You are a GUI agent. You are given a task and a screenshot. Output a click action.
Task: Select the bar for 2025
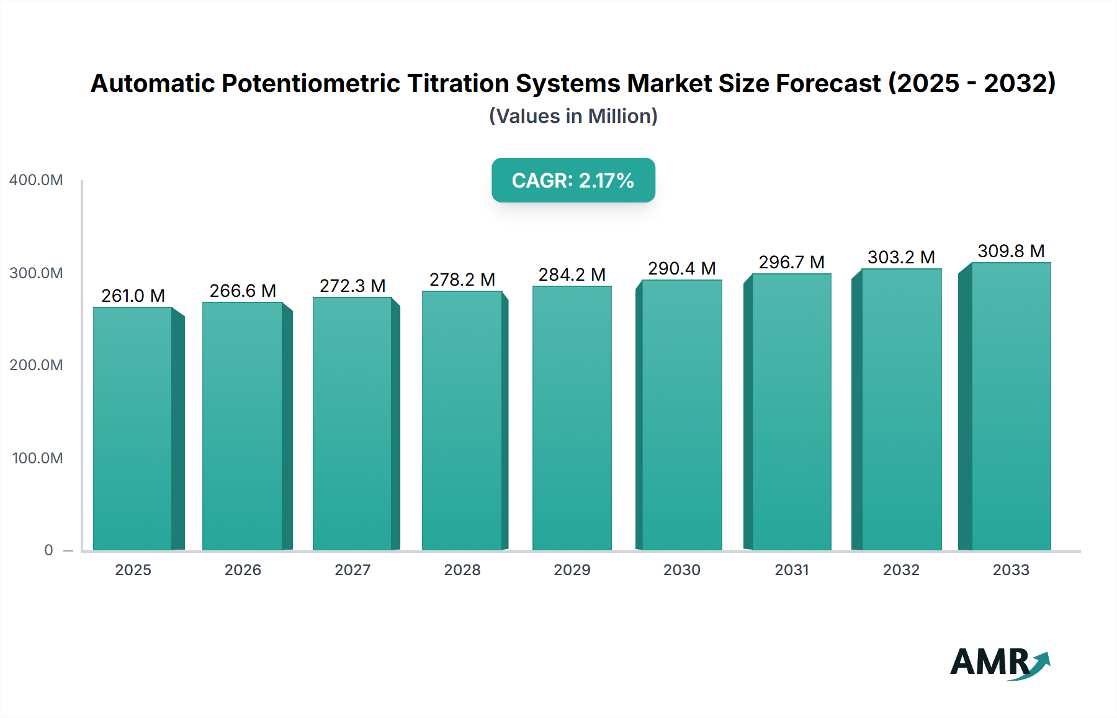coord(133,429)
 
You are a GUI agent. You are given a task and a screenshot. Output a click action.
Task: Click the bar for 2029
coord(572,418)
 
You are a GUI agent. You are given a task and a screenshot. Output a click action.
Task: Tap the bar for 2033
coord(1011,406)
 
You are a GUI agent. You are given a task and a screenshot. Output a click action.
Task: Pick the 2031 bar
coord(791,412)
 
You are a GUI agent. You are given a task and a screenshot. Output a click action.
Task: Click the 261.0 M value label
coord(133,296)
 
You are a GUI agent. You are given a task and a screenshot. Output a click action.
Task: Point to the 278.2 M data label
coord(462,279)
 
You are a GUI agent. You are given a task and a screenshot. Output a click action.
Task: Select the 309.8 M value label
coord(1011,251)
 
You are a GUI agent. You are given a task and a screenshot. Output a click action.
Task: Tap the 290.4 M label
coord(681,268)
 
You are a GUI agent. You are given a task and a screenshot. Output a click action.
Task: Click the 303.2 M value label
coord(901,257)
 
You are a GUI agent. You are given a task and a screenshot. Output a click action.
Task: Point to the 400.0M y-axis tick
coord(36,180)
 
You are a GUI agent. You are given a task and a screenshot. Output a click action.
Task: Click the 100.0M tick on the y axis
coord(37,458)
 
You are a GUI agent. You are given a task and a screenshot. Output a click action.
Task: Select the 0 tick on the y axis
coord(48,550)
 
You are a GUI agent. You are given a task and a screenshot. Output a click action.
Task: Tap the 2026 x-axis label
coord(243,570)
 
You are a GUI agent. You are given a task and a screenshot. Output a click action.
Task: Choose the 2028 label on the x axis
coord(462,570)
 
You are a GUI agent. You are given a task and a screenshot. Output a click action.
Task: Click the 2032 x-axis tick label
coord(901,570)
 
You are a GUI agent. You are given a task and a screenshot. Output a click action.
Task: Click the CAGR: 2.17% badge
coord(573,180)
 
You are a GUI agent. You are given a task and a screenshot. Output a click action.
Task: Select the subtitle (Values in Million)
coord(573,116)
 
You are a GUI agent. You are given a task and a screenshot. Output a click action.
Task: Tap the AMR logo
coord(999,663)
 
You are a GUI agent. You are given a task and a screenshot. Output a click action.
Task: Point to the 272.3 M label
coord(352,286)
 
